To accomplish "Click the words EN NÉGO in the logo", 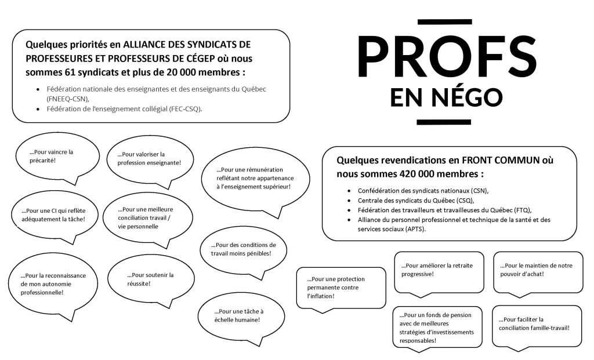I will coord(447,96).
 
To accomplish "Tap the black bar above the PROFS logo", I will coord(444,22).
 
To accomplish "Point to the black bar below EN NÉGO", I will coord(444,121).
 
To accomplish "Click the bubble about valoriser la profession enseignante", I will coord(149,158).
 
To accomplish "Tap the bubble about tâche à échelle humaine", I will coord(237,315).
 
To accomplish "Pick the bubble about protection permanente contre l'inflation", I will coord(341,287).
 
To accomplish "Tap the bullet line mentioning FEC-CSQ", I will coord(125,109).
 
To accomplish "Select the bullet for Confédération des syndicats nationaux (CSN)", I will coord(423,191).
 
